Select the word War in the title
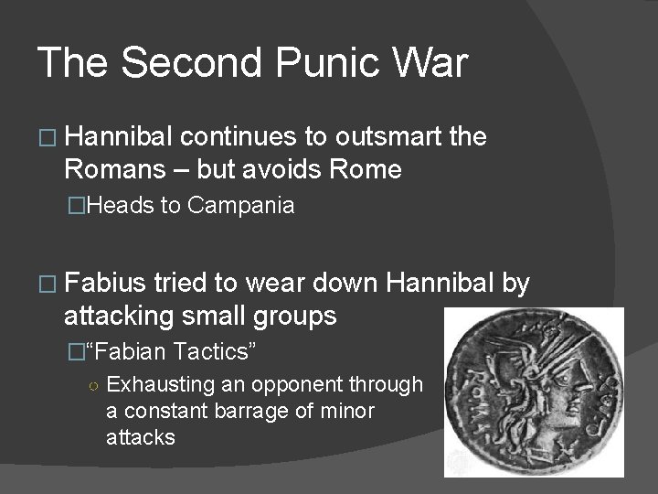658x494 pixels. coord(430,64)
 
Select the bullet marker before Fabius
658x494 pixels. coord(46,285)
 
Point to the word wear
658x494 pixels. coord(261,285)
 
